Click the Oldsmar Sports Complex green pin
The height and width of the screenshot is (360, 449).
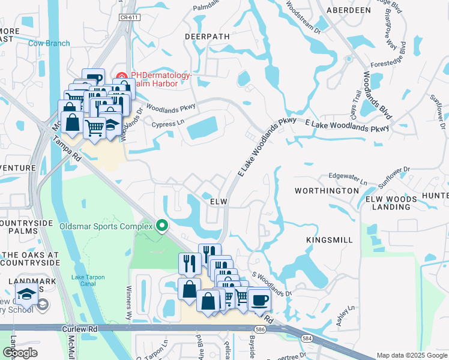pyautogui.click(x=161, y=226)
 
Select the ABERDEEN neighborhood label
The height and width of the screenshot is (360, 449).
pyautogui.click(x=348, y=11)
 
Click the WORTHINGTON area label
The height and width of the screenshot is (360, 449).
pyautogui.click(x=327, y=190)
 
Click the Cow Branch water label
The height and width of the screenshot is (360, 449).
pyautogui.click(x=49, y=43)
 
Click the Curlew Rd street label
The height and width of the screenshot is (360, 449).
pyautogui.click(x=79, y=329)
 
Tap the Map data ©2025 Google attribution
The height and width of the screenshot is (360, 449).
pyautogui.click(x=411, y=355)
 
